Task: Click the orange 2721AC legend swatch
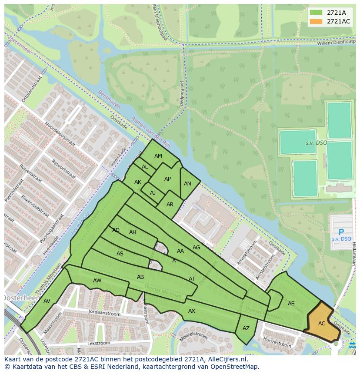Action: click(x=316, y=21)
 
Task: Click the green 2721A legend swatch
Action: click(x=316, y=13)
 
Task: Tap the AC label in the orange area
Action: click(x=322, y=324)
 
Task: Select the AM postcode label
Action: click(x=158, y=156)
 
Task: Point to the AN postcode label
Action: click(x=187, y=184)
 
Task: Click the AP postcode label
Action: click(x=167, y=179)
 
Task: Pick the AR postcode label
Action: click(x=170, y=205)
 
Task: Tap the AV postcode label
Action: click(x=47, y=301)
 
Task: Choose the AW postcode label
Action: click(x=97, y=281)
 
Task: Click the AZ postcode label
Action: click(x=246, y=329)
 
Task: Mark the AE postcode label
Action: click(x=291, y=304)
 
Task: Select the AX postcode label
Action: click(x=192, y=311)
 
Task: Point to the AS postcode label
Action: click(x=120, y=254)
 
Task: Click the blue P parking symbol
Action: click(x=341, y=232)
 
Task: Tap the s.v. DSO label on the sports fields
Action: click(x=316, y=143)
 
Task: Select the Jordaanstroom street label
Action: click(x=104, y=312)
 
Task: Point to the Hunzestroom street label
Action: click(x=277, y=342)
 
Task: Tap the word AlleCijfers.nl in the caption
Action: click(x=226, y=359)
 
